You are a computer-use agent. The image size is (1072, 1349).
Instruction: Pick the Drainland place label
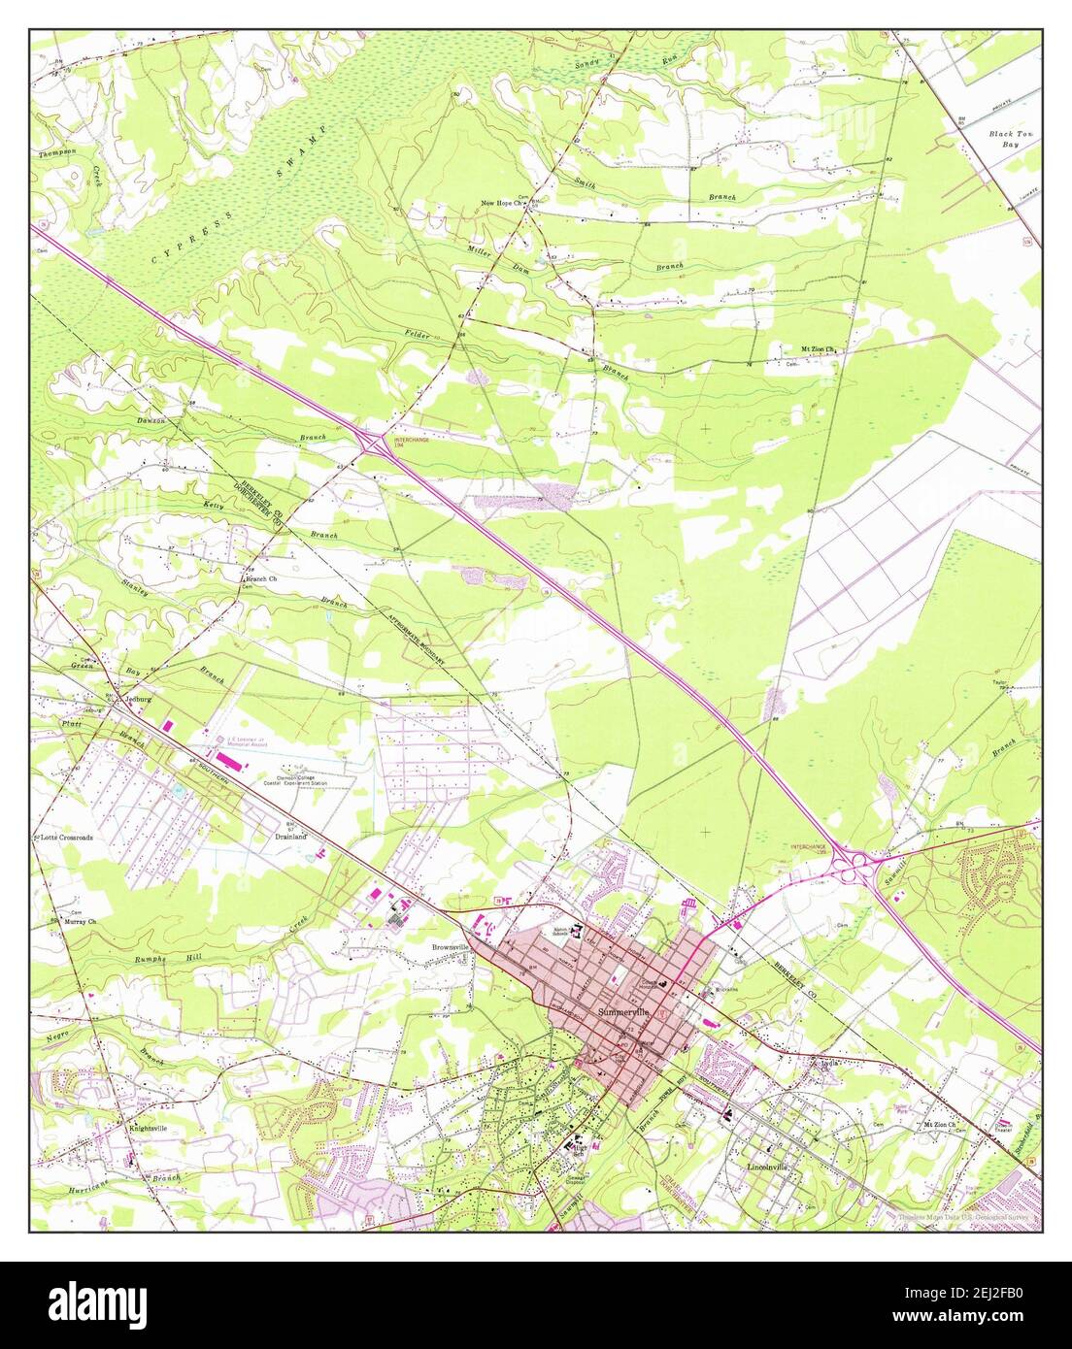point(289,836)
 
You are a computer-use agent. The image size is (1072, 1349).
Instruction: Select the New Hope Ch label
point(504,203)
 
